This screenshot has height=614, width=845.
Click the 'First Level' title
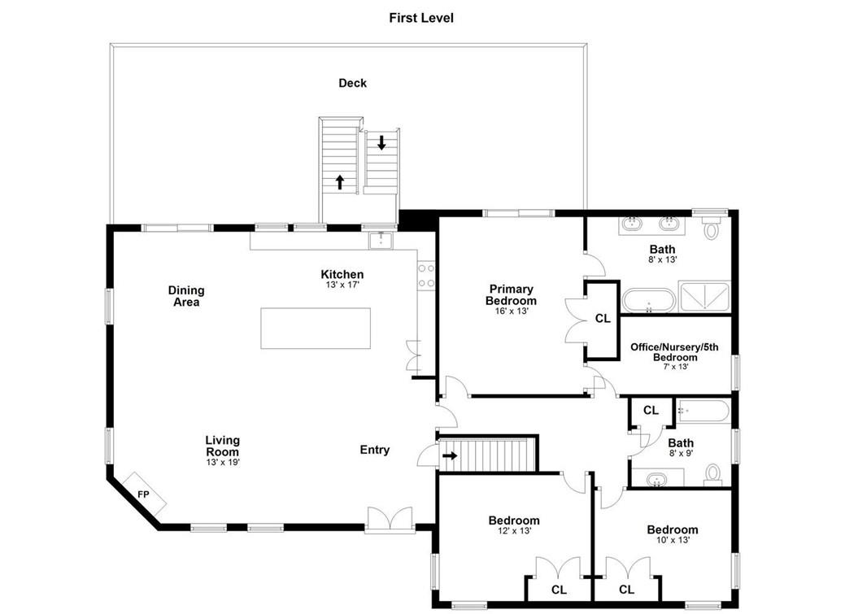[x=421, y=18]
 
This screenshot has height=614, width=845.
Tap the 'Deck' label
[x=352, y=83]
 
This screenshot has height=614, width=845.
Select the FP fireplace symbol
[x=143, y=494]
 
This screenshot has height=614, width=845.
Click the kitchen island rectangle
[x=316, y=329]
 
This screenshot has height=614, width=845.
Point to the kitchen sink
[x=381, y=240]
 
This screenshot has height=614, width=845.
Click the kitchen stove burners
[x=426, y=276]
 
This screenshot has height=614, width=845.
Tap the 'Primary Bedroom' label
[x=511, y=295]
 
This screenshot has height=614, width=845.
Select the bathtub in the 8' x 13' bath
[x=649, y=301]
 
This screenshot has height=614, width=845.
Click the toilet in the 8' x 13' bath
[x=712, y=229]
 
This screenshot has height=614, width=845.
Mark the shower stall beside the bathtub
[x=704, y=296]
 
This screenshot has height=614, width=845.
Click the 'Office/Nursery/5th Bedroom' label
[x=675, y=352]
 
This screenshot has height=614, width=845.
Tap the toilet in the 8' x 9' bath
[x=713, y=474]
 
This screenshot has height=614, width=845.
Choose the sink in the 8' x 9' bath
[x=657, y=479]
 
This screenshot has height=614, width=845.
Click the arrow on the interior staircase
[x=450, y=456]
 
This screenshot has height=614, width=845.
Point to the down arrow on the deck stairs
[x=381, y=143]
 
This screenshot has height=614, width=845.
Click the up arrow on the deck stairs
[x=339, y=182]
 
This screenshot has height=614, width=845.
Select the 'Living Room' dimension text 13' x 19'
[x=223, y=462]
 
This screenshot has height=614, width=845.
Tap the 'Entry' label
[x=375, y=450]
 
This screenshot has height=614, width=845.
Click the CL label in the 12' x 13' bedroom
[x=559, y=590]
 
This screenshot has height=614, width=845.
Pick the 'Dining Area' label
[x=186, y=296]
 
